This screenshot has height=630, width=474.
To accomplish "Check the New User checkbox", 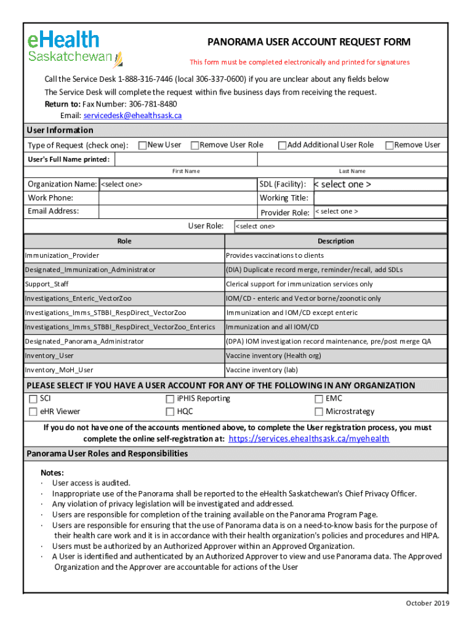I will click(x=142, y=145).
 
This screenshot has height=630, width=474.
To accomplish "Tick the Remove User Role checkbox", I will click(x=195, y=145).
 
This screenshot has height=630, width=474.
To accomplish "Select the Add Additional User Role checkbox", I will click(x=282, y=145).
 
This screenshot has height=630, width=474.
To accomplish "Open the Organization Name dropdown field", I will click(x=177, y=185).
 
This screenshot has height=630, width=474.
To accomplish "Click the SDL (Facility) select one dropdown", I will click(x=380, y=185).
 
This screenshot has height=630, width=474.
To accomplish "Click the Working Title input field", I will click(x=380, y=198).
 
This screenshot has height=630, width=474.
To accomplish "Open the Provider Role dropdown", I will click(x=380, y=212).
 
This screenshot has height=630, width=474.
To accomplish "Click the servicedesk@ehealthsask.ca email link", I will click(x=132, y=116).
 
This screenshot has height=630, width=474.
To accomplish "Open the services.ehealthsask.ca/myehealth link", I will click(x=308, y=439).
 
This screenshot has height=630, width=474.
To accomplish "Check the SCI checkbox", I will click(x=33, y=399).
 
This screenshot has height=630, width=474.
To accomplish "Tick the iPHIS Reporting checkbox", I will click(x=170, y=399).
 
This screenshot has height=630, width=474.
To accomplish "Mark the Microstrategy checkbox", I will click(x=319, y=412).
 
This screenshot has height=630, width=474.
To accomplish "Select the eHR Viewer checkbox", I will click(x=33, y=412).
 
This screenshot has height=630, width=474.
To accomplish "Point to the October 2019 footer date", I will click(x=427, y=603).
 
